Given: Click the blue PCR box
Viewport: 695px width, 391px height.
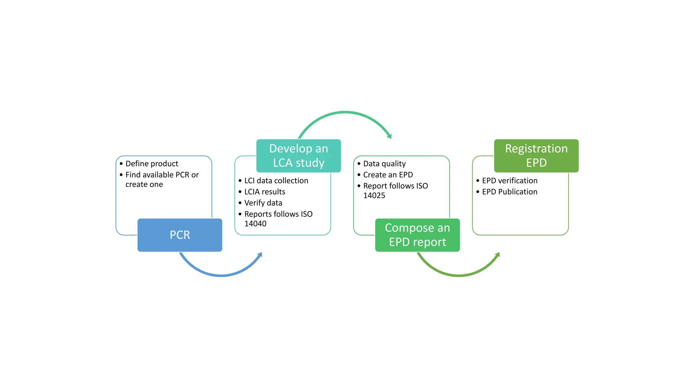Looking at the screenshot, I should (x=180, y=235).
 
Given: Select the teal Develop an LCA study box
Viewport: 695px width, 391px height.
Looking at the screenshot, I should (x=298, y=156).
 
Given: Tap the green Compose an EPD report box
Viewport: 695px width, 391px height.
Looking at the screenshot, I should (x=417, y=235).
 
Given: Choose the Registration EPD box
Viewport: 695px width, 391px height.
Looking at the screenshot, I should (x=536, y=156).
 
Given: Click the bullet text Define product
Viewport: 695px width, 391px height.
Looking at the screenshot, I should (x=152, y=164).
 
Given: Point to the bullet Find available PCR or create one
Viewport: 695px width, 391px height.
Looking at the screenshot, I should (x=162, y=180).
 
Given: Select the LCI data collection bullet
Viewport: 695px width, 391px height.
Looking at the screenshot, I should (x=276, y=181).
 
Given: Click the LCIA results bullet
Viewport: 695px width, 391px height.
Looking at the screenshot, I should (x=265, y=192).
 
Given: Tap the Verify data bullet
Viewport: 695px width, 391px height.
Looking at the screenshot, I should (x=263, y=203).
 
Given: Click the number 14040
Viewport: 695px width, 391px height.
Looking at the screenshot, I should (x=255, y=224).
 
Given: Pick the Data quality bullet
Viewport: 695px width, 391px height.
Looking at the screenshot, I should (x=384, y=164).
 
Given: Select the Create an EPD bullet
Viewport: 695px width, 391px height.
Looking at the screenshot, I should (x=388, y=175).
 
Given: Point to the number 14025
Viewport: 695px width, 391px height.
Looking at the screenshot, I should (x=374, y=195).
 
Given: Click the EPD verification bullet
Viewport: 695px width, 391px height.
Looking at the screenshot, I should (x=509, y=181).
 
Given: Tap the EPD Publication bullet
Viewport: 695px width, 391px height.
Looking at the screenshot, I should (x=509, y=192).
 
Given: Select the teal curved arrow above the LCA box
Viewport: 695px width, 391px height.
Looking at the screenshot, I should (x=344, y=112).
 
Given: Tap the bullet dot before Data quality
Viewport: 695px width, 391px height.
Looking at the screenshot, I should (x=359, y=164).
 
